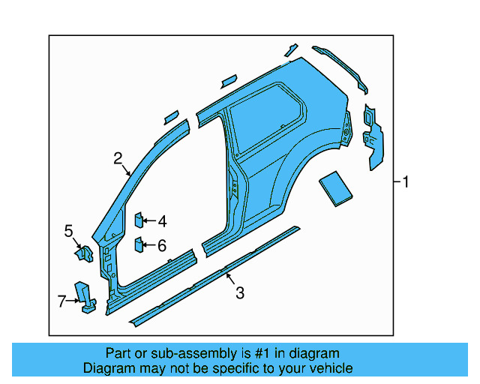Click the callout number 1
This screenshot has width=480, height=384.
click(x=405, y=182)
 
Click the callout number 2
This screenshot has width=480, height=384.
click(x=118, y=158)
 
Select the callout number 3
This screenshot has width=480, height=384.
click(x=239, y=293)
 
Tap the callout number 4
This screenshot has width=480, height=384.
click(x=162, y=221)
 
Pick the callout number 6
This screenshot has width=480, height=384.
click(x=162, y=245)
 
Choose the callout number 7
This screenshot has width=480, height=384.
click(x=62, y=301)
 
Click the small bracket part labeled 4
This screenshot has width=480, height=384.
click(x=139, y=220)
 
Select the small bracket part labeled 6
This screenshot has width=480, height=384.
click(x=139, y=244)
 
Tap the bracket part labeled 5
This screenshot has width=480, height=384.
click(x=84, y=254)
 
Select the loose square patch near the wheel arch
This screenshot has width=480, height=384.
click(x=334, y=187)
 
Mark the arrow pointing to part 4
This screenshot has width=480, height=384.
click(x=148, y=221)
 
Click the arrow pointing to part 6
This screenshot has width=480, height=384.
click(x=148, y=245)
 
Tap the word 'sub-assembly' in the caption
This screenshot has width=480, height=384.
click(x=173, y=353)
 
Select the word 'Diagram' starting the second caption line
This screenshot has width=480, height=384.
click(x=108, y=368)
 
